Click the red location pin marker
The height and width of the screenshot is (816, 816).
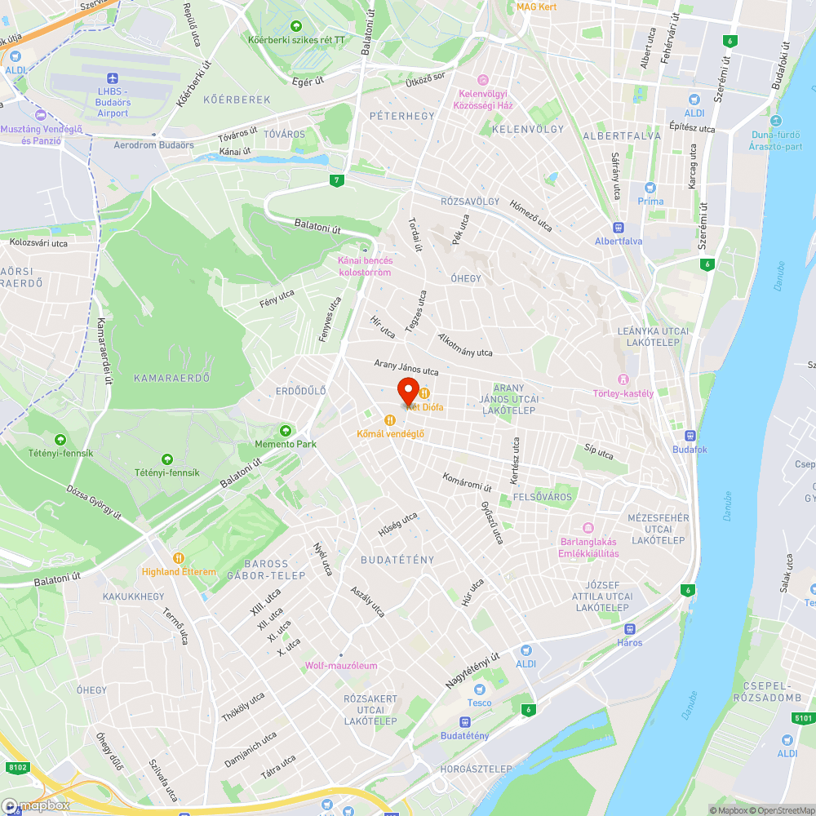click(408, 392)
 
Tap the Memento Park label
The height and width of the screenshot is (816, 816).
click(285, 444)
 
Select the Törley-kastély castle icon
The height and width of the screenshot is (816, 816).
click(624, 379)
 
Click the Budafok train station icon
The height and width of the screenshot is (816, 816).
click(690, 436)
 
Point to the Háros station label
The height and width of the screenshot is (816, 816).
click(630, 642)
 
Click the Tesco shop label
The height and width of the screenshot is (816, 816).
click(479, 703)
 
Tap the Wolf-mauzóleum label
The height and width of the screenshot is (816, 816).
click(341, 665)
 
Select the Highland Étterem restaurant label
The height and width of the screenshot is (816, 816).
click(179, 572)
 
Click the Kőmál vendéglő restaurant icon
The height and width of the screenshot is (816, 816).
click(390, 419)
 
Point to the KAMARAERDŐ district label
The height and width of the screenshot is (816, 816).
click(172, 378)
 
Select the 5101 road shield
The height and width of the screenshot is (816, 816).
click(803, 718)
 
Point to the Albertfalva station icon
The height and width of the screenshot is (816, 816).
click(619, 228)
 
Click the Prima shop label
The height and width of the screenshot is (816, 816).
click(650, 201)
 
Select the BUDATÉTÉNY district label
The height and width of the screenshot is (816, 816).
click(397, 560)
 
